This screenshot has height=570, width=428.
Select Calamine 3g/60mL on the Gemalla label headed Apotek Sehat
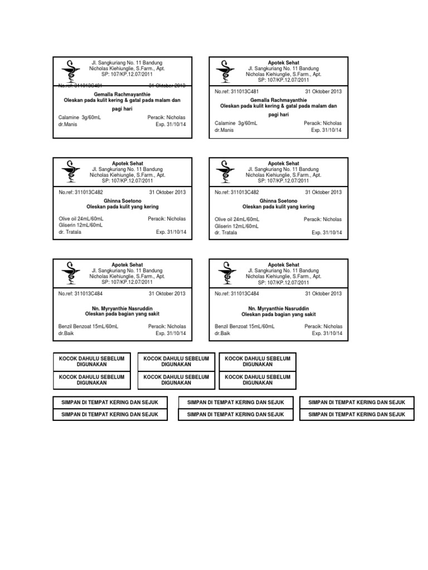[x=230, y=122]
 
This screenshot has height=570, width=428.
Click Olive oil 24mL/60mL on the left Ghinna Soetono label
[x=80, y=219]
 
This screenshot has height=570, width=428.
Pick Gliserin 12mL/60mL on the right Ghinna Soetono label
[x=236, y=226]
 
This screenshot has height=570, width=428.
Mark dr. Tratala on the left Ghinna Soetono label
[x=70, y=232]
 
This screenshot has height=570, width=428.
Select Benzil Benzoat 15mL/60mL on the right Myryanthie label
[x=245, y=327]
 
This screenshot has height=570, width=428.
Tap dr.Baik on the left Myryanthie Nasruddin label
[x=66, y=333]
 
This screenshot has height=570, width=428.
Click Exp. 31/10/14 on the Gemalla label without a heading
[x=171, y=125]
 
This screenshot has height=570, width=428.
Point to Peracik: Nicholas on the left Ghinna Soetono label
[x=167, y=219]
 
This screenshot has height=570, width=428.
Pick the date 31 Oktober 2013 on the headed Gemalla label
[x=323, y=91]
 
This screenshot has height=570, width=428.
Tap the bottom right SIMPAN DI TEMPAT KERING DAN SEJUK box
[x=357, y=414]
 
